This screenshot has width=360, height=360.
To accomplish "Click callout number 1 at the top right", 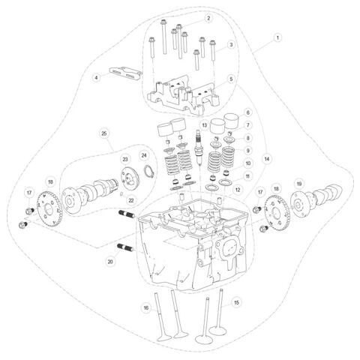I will pos(277,37).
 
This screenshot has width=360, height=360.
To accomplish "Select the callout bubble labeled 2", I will pos(209,18).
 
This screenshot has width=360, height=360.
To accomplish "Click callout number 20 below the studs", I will pos(110,262).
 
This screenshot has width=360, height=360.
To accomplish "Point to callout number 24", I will pos(144,155).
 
